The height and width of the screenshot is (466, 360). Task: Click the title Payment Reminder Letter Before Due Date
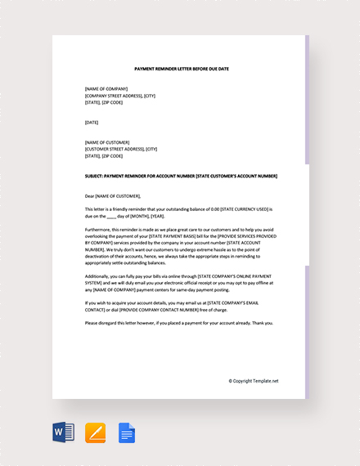(x=182, y=69)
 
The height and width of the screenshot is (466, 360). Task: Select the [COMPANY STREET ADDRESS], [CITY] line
(x=119, y=95)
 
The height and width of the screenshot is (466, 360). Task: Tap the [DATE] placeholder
(x=92, y=123)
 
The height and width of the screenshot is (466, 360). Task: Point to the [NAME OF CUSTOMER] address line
(x=106, y=142)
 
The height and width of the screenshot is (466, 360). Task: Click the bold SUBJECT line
(x=181, y=176)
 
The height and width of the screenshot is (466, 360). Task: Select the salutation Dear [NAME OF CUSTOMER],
(x=113, y=196)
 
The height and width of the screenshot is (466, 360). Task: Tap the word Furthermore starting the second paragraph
(x=96, y=230)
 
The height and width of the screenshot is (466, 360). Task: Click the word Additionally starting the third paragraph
(x=96, y=276)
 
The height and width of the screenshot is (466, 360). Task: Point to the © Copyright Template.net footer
(x=254, y=381)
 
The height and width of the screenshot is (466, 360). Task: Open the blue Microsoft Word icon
(x=64, y=432)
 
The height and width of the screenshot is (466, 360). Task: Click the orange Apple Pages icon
(x=96, y=432)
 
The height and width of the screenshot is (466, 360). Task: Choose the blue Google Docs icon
(x=127, y=432)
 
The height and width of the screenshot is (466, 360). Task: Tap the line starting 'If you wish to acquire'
(x=180, y=302)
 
